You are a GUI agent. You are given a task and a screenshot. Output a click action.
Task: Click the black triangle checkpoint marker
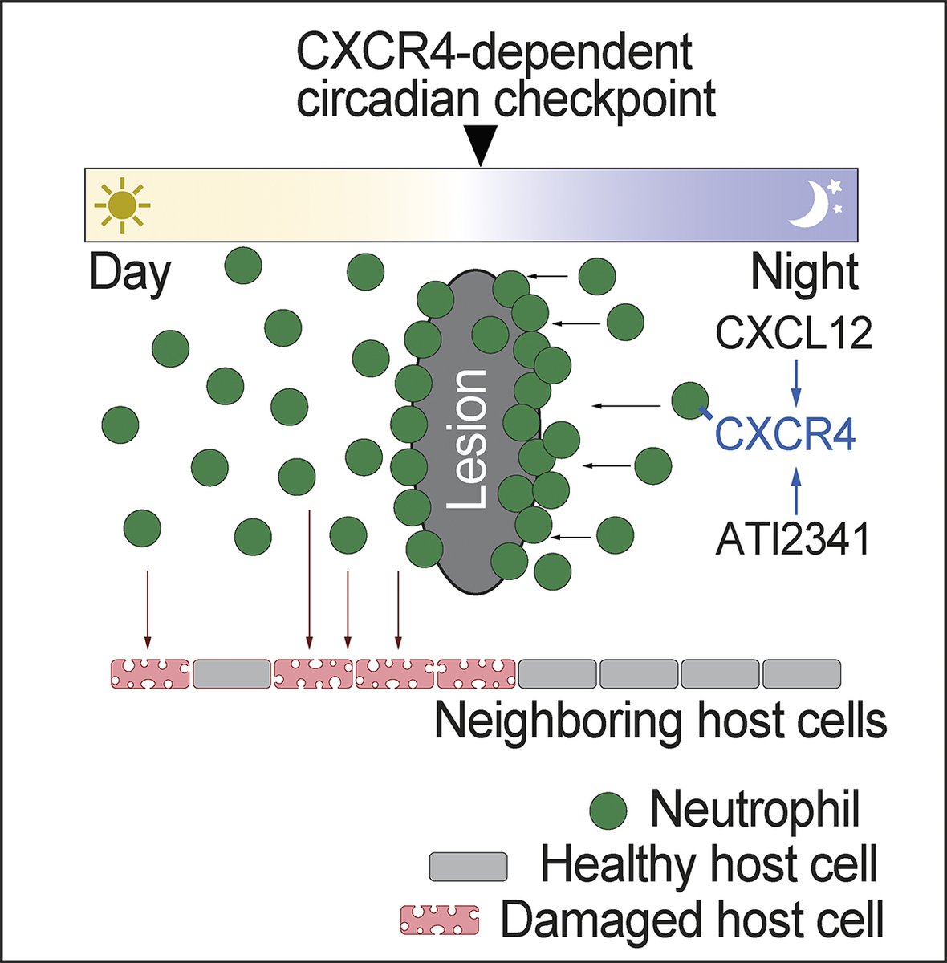[x=480, y=149]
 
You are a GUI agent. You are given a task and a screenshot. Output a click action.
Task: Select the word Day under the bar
[x=130, y=274]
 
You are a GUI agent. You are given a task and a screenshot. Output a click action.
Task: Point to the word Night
[x=804, y=274]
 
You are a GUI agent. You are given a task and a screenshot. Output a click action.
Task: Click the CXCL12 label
[x=793, y=333]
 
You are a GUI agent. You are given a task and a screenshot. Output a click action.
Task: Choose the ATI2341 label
[x=793, y=538]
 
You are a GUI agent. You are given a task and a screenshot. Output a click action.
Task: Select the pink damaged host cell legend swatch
[x=440, y=920]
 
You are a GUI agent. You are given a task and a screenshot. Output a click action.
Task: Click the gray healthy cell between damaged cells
[x=232, y=673]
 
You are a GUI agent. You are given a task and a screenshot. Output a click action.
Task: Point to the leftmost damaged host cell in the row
[x=150, y=673]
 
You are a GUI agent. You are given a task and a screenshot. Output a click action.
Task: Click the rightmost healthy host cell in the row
[x=801, y=673]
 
